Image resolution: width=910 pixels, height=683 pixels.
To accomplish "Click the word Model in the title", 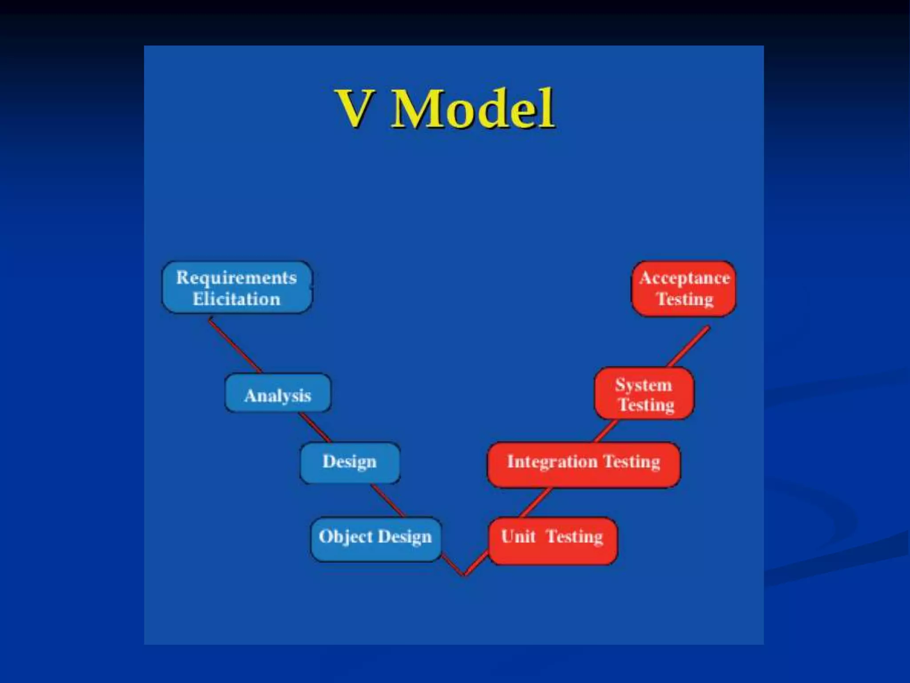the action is (472, 108).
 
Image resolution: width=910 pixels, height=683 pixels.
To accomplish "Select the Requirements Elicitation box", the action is (236, 287).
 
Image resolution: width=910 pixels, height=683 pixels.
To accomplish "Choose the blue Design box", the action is (350, 462).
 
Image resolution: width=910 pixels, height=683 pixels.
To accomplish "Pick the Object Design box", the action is (375, 538).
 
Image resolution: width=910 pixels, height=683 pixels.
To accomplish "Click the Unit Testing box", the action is (552, 540).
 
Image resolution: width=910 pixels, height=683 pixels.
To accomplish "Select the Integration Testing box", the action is (583, 464).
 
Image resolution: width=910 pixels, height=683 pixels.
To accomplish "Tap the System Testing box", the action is (644, 394).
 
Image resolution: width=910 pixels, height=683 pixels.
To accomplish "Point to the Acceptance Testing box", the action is (684, 288).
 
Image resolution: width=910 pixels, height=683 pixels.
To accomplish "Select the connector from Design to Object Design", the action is (387, 501).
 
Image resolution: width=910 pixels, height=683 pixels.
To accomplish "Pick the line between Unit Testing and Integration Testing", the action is (535, 502).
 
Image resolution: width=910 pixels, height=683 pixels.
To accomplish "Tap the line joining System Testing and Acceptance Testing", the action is (689, 347).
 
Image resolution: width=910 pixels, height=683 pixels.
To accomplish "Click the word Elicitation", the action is (236, 299).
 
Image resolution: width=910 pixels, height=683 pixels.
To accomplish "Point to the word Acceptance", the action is (684, 278).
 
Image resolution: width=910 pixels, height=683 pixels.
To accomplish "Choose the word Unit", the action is (518, 537).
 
